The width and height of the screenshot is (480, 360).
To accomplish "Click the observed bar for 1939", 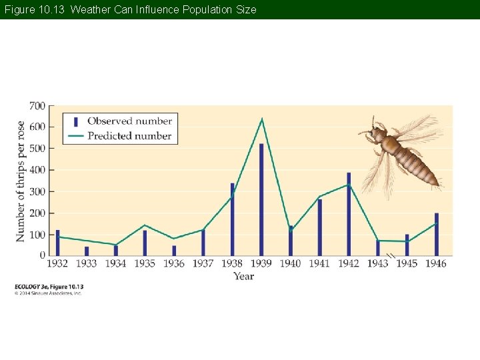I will [x=261, y=199].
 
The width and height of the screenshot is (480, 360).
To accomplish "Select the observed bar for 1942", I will [x=348, y=214].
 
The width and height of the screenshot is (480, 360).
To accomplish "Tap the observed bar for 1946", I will [x=436, y=234].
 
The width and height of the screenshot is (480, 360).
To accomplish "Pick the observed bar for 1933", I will [x=87, y=251].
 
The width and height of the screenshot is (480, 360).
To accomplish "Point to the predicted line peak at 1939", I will [x=262, y=119].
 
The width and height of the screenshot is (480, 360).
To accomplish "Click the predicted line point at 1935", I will [x=145, y=225].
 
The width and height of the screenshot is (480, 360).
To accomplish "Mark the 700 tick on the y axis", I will [x=37, y=106].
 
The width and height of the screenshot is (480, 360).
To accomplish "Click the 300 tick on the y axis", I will [x=37, y=191].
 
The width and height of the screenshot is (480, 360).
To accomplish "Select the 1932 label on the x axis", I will [x=57, y=264].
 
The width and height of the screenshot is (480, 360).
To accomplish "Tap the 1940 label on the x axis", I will [x=290, y=264].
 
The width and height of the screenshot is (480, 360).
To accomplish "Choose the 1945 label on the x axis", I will [x=407, y=264].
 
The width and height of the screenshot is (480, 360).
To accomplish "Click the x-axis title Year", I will [x=244, y=276].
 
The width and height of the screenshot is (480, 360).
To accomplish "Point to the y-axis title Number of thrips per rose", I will [x=21, y=181].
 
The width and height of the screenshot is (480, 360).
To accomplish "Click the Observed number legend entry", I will [x=129, y=121].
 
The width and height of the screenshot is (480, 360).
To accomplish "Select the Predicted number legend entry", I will [x=129, y=136].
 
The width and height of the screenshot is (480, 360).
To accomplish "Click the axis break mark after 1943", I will [x=391, y=256].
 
